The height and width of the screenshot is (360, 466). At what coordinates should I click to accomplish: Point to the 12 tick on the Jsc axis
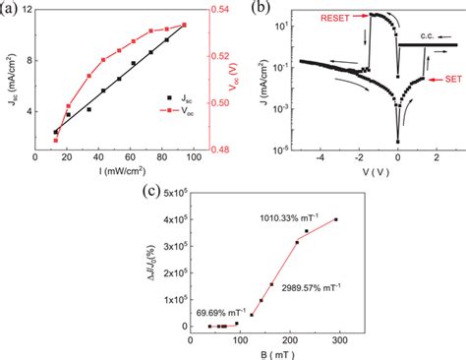[32, 10]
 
